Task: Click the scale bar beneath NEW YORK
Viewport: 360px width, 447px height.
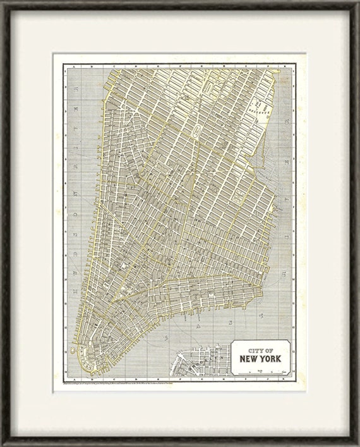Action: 260,371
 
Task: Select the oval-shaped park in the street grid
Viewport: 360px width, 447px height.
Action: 196,131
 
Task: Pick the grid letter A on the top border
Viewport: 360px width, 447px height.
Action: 75,64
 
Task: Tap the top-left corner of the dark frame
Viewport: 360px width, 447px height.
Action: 3,3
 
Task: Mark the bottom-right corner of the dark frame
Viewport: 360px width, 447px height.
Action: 356,443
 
